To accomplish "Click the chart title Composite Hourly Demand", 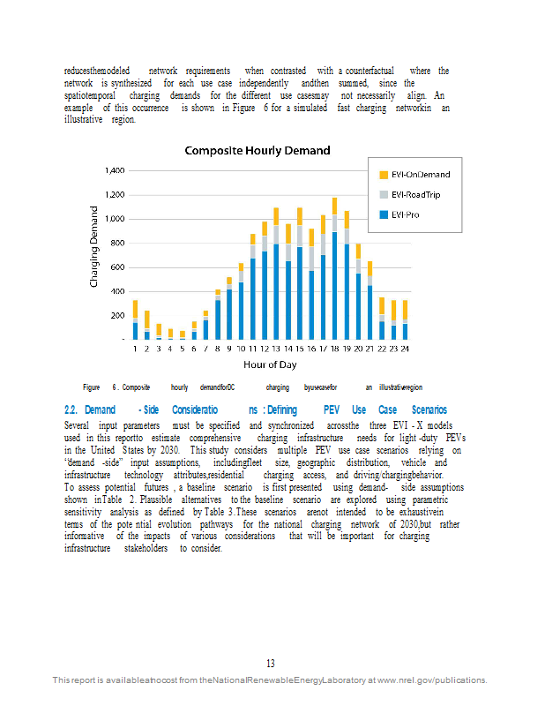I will (x=257, y=151).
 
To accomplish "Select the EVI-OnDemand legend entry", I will (x=420, y=175).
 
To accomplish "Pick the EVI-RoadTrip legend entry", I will (x=415, y=194).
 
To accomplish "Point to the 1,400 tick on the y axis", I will (x=115, y=170).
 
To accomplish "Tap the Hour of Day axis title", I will (x=271, y=364).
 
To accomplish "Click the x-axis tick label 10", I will (x=240, y=349).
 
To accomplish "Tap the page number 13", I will (x=272, y=664).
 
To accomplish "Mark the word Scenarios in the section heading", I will (x=429, y=410).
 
